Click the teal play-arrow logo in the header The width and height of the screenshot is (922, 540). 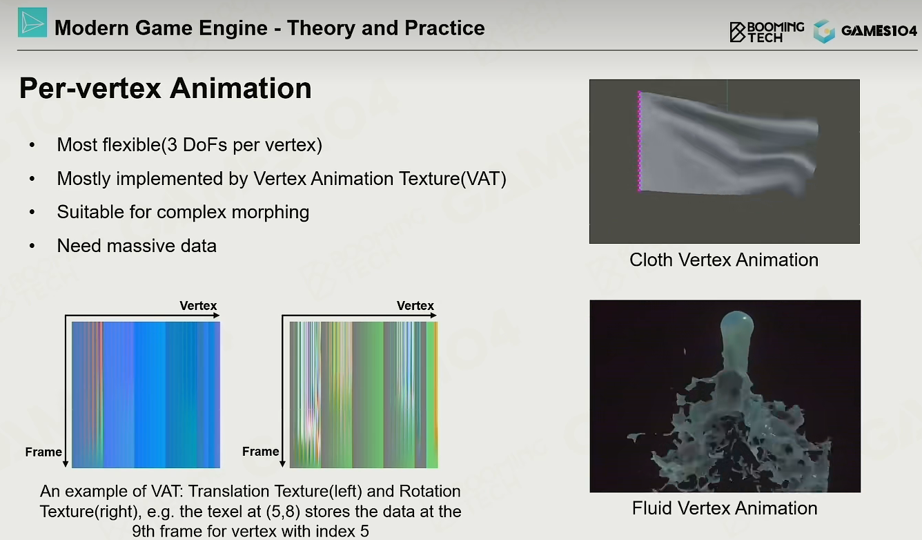click(32, 23)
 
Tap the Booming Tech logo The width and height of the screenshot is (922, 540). click(767, 32)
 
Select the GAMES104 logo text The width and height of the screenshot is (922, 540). click(879, 31)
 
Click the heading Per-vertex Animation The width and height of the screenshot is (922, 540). click(166, 88)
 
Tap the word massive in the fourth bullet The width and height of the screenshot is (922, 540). click(137, 246)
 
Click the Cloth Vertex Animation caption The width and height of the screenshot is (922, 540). click(724, 260)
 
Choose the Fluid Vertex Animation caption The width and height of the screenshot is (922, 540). click(725, 508)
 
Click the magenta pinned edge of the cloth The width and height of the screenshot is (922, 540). click(639, 142)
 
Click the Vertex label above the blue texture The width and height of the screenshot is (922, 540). click(198, 306)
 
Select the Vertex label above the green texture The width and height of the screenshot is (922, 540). click(415, 306)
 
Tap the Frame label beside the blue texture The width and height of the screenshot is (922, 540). click(43, 452)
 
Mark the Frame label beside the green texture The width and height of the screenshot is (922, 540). click(261, 452)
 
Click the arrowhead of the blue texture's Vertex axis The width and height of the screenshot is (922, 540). click(217, 316)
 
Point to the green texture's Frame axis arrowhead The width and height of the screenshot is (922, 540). click(282, 464)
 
